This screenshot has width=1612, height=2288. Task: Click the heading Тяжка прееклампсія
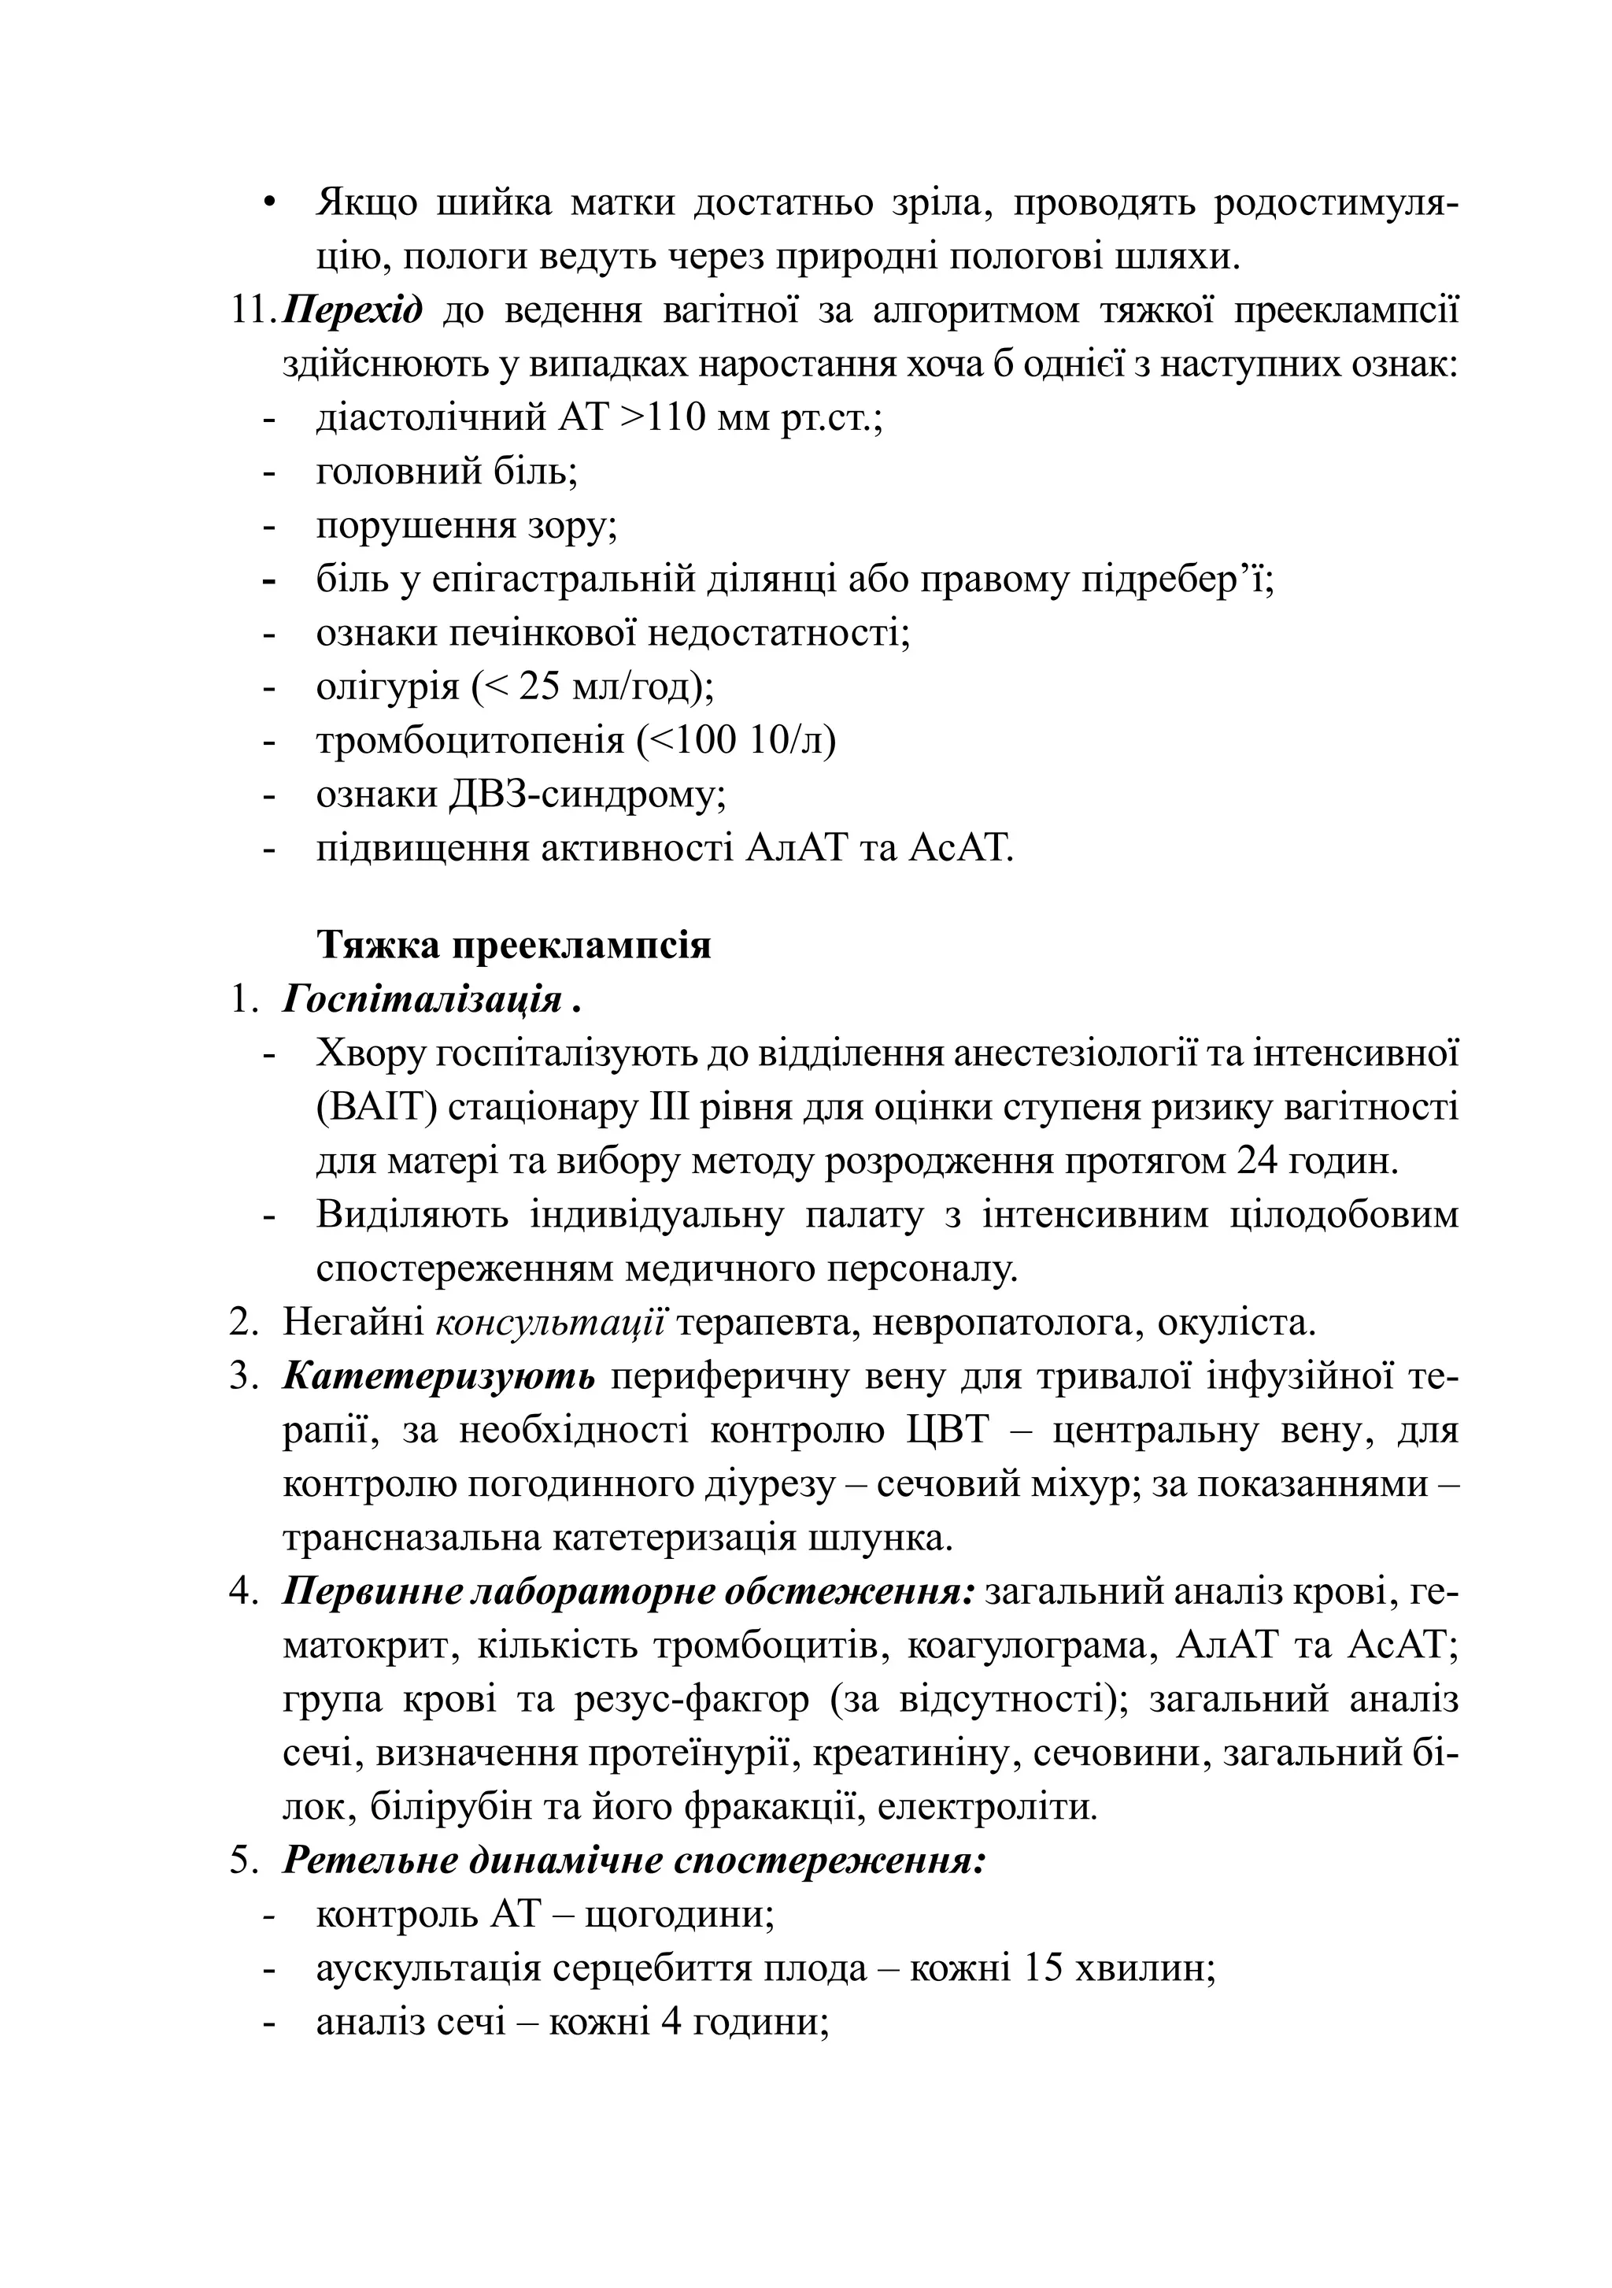tap(513, 945)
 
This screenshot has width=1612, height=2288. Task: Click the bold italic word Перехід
tap(352, 310)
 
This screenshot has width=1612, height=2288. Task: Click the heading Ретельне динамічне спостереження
tap(634, 1860)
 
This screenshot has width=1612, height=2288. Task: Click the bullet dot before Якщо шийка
tap(268, 203)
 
